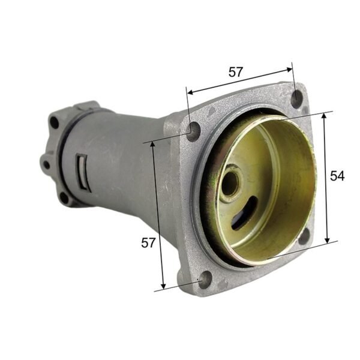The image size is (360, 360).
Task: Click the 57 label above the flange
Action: [236, 71]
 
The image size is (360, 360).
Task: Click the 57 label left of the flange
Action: [148, 243]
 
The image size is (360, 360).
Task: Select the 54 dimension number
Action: [338, 176]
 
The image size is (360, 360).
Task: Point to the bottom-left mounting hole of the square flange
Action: [206, 278]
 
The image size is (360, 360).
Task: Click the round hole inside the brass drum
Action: [230, 185]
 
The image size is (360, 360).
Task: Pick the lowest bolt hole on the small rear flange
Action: [63, 196]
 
